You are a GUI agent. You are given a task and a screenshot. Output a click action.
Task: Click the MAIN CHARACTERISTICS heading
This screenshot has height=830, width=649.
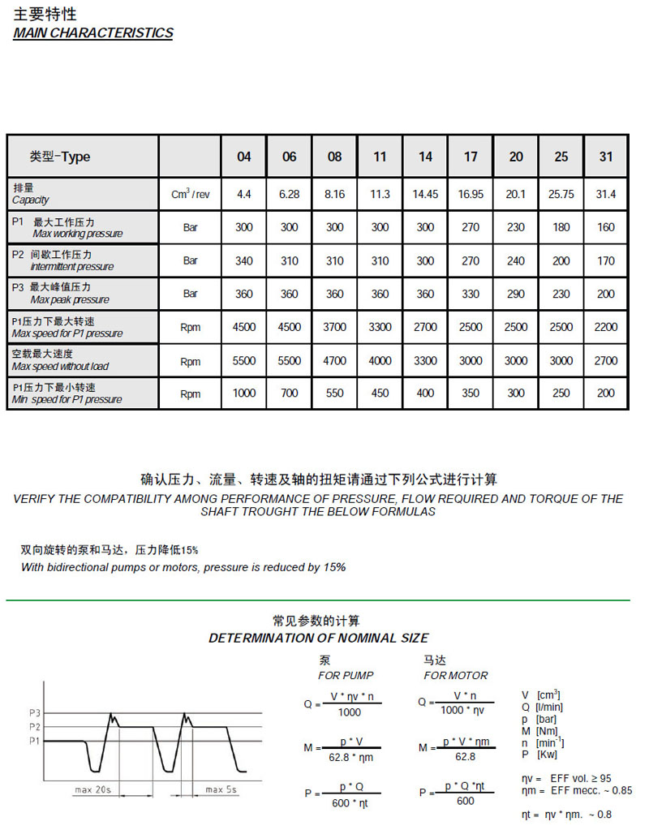93,33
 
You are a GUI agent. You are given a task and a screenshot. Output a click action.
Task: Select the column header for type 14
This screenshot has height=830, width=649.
425,157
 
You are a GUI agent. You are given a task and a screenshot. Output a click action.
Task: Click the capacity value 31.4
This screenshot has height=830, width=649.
606,195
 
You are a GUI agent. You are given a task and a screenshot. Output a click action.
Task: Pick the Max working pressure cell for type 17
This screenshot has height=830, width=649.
471,228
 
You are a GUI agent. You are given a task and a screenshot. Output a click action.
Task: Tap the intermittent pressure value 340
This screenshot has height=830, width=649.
244,261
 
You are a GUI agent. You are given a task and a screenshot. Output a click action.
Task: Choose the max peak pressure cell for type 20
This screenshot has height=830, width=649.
516,295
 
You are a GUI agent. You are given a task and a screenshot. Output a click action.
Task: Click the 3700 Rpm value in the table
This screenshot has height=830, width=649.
334,328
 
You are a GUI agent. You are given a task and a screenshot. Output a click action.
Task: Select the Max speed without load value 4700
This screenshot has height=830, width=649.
334,361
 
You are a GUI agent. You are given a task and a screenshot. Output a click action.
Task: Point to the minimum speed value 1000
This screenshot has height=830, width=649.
244,394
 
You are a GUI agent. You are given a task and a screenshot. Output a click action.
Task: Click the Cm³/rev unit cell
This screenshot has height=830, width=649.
191,195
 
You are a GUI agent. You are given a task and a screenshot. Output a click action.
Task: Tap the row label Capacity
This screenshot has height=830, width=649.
31,200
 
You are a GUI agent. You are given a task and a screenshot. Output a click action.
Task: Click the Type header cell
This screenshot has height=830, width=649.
60,157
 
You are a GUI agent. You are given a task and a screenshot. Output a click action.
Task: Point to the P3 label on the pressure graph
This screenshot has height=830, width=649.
34,713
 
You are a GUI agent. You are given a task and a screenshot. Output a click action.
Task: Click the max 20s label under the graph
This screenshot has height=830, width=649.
93,789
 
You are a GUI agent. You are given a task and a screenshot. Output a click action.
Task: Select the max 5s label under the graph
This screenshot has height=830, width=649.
221,789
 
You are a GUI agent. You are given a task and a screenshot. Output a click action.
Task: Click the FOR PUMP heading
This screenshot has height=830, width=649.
346,675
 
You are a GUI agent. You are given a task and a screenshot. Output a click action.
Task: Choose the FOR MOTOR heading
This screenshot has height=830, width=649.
456,675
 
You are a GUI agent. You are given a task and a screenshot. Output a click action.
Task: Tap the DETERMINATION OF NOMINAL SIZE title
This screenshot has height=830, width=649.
319,638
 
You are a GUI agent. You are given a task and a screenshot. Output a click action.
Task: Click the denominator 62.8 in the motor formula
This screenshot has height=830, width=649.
465,756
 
